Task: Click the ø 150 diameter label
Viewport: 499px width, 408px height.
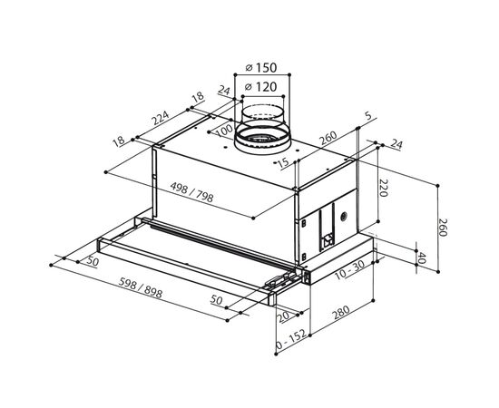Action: tap(261, 67)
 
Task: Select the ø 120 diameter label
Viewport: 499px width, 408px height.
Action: tap(261, 86)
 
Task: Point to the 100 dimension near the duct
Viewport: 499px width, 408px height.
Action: tap(224, 131)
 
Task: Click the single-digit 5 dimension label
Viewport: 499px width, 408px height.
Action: tap(368, 116)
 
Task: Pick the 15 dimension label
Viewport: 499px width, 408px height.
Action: tap(282, 162)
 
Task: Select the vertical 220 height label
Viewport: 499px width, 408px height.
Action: tap(384, 188)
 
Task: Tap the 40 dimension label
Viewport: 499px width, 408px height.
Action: tap(422, 258)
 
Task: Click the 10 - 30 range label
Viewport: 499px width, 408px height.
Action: tap(349, 270)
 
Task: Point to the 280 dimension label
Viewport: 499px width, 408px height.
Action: tap(341, 312)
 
